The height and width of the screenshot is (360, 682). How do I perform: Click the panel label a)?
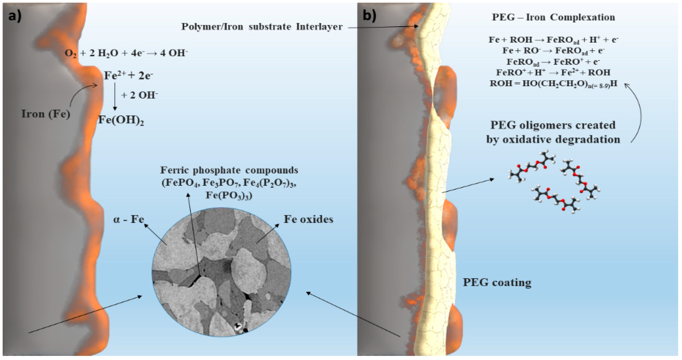[15, 16]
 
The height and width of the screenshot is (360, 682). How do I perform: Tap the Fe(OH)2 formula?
[121, 121]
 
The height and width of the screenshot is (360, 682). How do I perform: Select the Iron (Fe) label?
[46, 114]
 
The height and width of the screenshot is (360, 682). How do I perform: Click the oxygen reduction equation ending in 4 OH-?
[126, 53]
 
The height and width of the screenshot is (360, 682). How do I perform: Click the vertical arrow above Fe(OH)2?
[115, 97]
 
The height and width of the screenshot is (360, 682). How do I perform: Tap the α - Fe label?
[129, 220]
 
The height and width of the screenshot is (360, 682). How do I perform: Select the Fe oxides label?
[308, 219]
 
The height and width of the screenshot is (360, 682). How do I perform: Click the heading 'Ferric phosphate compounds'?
[229, 170]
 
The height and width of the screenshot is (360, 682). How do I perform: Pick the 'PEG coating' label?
[497, 282]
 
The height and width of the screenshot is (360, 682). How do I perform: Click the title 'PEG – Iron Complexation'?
[553, 18]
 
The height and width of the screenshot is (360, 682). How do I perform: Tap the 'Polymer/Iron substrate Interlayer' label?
[262, 27]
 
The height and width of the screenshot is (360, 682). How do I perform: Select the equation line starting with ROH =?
[553, 84]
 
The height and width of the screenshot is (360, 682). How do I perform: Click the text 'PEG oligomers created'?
[553, 125]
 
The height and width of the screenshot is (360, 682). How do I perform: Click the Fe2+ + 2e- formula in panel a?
[128, 76]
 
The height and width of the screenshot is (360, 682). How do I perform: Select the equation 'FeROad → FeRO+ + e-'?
[553, 62]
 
